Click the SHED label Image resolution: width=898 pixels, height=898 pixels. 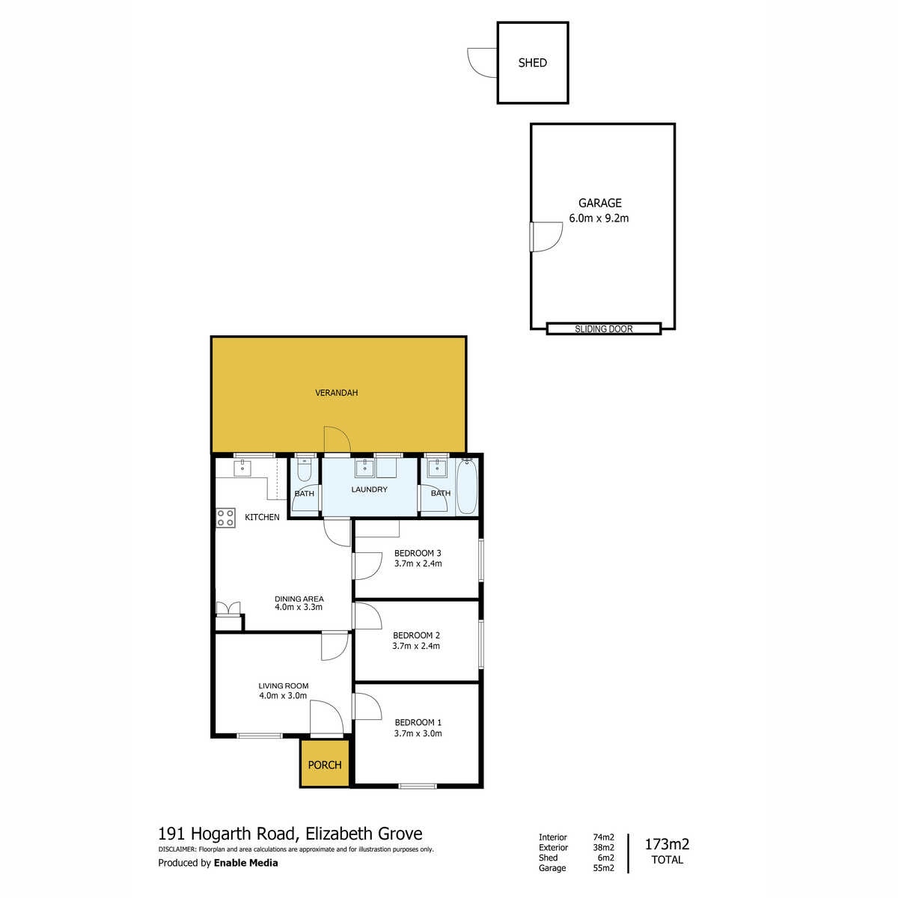(532, 63)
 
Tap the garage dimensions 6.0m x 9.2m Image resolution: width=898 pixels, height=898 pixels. (599, 219)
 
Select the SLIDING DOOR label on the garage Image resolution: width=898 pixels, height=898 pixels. (603, 329)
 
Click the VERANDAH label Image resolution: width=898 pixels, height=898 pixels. (336, 393)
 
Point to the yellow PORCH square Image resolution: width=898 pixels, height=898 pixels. (325, 764)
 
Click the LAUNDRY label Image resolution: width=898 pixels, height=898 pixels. (370, 489)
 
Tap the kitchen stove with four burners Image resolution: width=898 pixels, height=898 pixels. (225, 518)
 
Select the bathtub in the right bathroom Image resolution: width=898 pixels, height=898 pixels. (466, 486)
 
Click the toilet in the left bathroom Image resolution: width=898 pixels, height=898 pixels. (304, 469)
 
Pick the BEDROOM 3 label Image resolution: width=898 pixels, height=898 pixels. (418, 554)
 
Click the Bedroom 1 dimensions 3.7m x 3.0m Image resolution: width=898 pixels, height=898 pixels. (418, 733)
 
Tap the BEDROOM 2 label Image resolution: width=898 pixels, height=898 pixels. (416, 635)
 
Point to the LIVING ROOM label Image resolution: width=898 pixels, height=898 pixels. (283, 685)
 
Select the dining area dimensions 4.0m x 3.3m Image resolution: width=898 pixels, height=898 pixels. (299, 607)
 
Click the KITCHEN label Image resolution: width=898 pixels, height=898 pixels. (262, 517)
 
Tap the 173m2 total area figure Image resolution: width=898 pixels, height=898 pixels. (667, 845)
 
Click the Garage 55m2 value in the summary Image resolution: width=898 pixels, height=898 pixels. (603, 868)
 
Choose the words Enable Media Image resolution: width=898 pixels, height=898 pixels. (245, 863)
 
